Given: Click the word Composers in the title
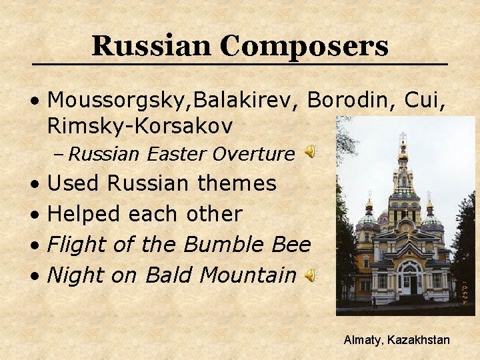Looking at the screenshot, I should pyautogui.click(x=303, y=47).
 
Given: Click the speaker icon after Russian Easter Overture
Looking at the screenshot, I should pyautogui.click(x=311, y=153).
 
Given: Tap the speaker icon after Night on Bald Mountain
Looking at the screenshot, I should pyautogui.click(x=311, y=274).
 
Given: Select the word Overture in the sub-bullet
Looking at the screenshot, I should pyautogui.click(x=253, y=154).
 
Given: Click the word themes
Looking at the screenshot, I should pyautogui.click(x=237, y=183).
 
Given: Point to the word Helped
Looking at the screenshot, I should pyautogui.click(x=85, y=214).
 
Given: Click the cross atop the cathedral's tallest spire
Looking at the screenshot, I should pyautogui.click(x=402, y=137).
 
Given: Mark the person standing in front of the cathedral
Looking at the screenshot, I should pyautogui.click(x=374, y=301).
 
